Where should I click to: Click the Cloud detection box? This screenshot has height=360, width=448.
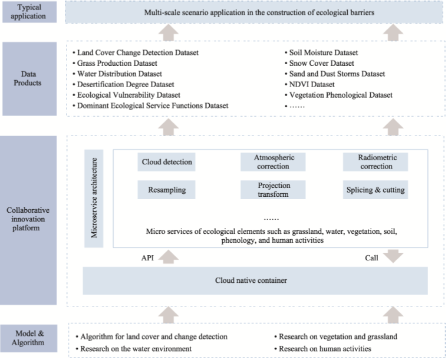(x=167, y=162)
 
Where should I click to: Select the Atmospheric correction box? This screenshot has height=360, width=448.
(x=274, y=162)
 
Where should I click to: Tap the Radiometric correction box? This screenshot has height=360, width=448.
(x=377, y=162)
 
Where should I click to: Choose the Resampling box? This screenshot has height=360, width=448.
(x=167, y=190)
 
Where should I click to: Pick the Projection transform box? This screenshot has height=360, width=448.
(x=274, y=190)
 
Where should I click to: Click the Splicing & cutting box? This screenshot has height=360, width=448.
(x=377, y=190)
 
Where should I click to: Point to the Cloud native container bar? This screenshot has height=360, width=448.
(x=255, y=280)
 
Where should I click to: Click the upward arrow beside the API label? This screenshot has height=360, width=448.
(x=168, y=257)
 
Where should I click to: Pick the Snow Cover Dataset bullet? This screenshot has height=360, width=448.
(x=321, y=63)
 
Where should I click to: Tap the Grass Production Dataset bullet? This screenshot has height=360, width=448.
(x=117, y=63)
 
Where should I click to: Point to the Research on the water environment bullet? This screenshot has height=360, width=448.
(x=135, y=349)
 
